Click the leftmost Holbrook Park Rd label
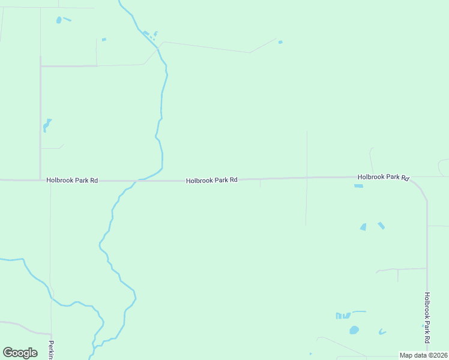[x=72, y=180]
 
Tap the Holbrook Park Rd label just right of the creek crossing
[x=211, y=180]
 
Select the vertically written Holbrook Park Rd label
[x=427, y=317]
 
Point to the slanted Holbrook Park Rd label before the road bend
[x=383, y=177]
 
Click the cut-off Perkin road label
[x=52, y=350]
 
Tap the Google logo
[x=20, y=353]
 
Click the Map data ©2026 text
[x=423, y=355]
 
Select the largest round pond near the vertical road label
[x=354, y=330]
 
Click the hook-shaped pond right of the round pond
[x=382, y=332]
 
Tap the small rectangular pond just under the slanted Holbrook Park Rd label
[x=358, y=186]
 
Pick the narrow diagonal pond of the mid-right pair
[x=381, y=226]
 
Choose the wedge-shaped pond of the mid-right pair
[x=363, y=227]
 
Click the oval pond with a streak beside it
[x=59, y=20]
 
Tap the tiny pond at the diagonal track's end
[x=280, y=42]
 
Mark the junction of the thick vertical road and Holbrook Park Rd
[x=40, y=179]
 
